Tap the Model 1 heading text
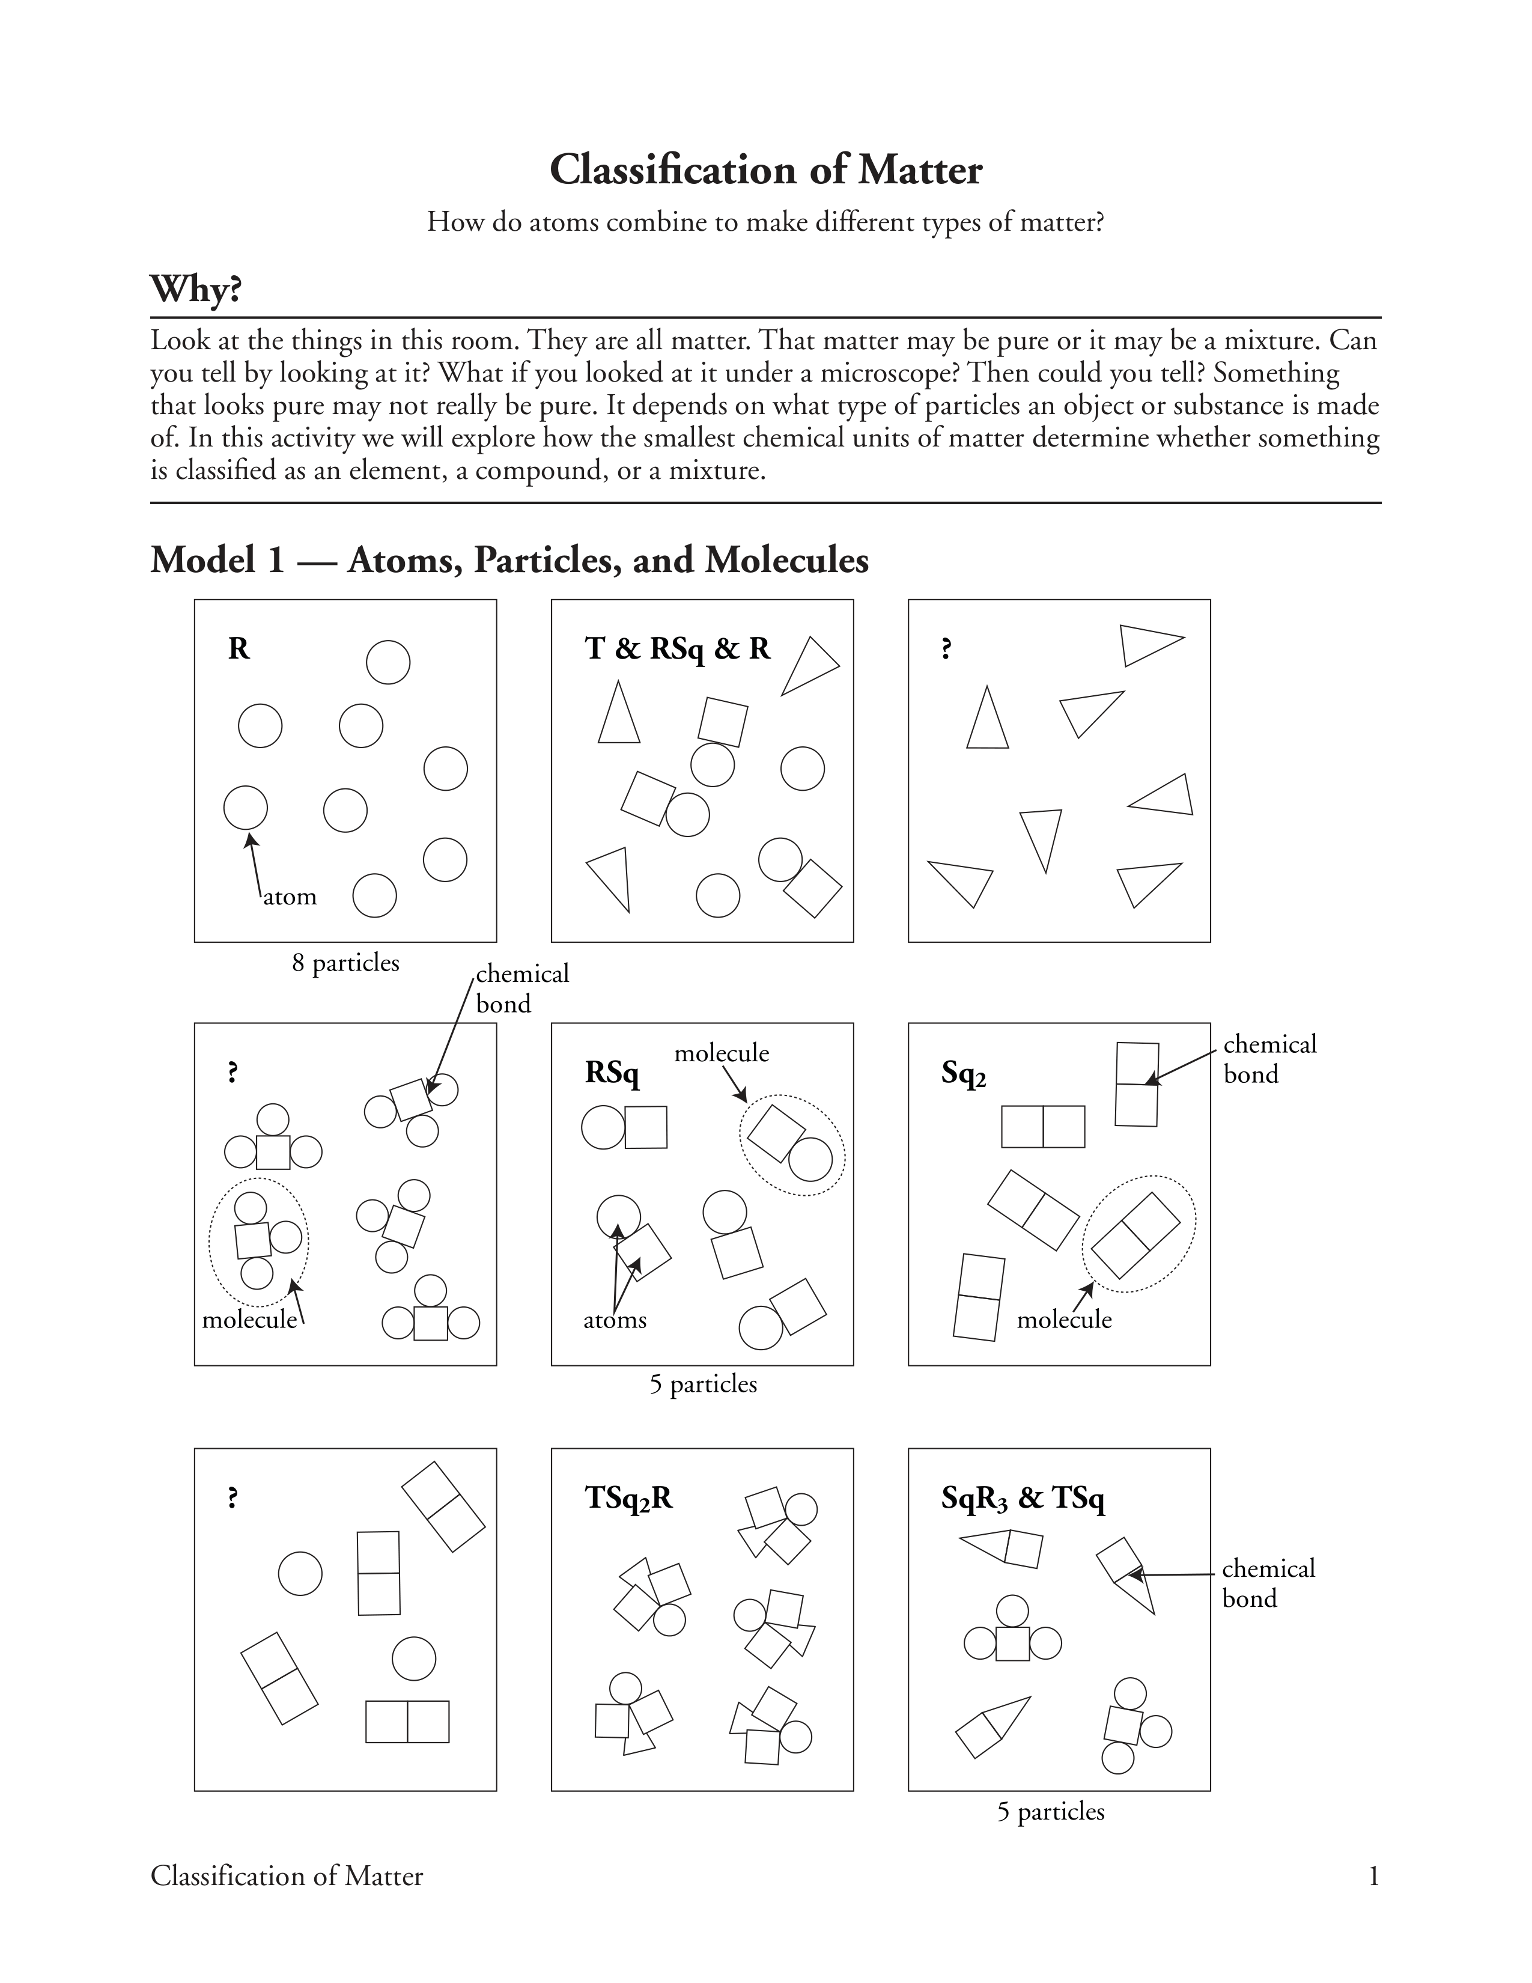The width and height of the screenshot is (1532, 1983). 509,560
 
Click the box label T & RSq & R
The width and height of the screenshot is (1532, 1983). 677,648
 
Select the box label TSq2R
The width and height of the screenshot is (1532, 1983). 628,1497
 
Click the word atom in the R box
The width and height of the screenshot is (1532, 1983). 290,897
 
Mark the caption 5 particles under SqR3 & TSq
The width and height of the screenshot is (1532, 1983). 1050,1811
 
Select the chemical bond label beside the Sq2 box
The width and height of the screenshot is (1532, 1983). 1269,1059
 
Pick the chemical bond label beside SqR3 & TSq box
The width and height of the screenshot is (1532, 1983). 1267,1583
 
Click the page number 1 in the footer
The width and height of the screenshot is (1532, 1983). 1373,1876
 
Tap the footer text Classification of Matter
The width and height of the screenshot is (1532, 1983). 287,1876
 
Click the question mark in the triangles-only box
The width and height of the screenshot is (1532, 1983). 947,648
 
